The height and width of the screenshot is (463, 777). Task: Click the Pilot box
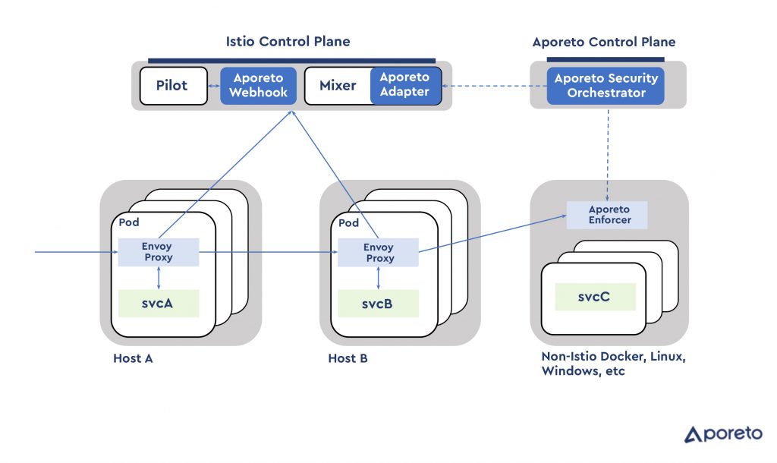click(174, 86)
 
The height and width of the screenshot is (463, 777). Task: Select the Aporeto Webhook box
click(258, 86)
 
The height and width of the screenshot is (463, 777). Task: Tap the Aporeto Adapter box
click(405, 85)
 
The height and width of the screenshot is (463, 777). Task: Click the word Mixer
click(338, 86)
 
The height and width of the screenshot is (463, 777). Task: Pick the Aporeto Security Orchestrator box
click(606, 86)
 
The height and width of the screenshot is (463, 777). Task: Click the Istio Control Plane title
click(288, 41)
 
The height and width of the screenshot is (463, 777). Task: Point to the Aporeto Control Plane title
click(603, 43)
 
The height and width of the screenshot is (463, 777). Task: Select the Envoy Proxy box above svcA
click(159, 252)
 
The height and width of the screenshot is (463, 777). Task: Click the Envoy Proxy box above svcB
click(378, 252)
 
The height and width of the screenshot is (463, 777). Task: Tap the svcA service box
click(159, 304)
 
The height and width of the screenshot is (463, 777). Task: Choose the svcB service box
click(378, 304)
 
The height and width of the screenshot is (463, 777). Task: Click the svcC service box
click(595, 297)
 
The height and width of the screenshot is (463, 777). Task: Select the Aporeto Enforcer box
click(607, 215)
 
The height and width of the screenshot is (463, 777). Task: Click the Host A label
click(133, 358)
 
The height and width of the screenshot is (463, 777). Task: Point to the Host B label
click(348, 358)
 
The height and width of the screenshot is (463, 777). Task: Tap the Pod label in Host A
click(129, 222)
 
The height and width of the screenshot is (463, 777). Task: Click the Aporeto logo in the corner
click(723, 433)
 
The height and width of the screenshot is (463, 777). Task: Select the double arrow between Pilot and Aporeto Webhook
click(214, 86)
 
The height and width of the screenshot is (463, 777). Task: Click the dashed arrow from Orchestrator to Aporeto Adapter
click(494, 86)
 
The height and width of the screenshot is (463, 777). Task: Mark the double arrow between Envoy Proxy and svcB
click(378, 278)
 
